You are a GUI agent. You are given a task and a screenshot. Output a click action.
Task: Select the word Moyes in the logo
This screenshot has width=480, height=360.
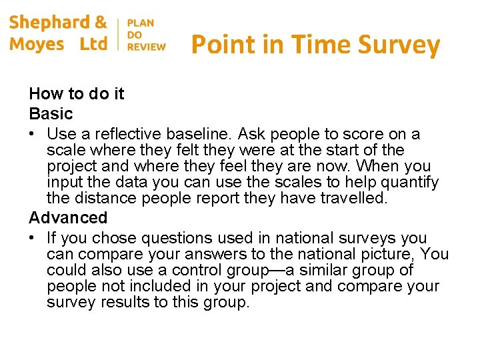click(x=37, y=44)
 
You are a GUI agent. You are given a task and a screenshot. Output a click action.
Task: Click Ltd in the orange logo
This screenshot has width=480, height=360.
click(x=93, y=44)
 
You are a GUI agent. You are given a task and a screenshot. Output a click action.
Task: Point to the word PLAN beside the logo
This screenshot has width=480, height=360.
click(x=141, y=23)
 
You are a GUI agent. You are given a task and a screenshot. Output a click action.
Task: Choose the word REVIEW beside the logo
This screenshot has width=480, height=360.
click(x=146, y=47)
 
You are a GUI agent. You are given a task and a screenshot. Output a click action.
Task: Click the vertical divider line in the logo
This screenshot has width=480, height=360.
click(x=118, y=34)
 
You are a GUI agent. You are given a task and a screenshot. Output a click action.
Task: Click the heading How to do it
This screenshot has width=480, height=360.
click(x=77, y=94)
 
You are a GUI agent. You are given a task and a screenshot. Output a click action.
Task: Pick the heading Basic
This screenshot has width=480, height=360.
click(x=51, y=113)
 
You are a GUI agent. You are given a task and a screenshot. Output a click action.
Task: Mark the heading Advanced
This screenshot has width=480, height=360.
click(x=68, y=217)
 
